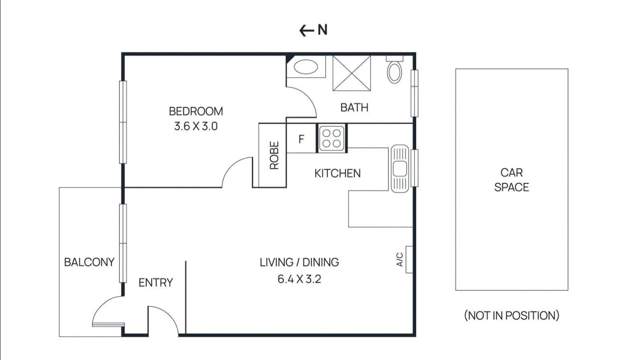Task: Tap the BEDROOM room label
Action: tap(196, 111)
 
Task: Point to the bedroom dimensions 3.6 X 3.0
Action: tap(196, 126)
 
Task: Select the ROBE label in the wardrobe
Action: tap(274, 155)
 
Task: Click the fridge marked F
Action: tap(301, 139)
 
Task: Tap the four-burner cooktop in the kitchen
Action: tap(332, 138)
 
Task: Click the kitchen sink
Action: tap(400, 168)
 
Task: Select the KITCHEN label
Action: tap(337, 174)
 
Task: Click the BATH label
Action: tap(354, 108)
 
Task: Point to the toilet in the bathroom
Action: tap(394, 71)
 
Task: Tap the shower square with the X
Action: tap(352, 74)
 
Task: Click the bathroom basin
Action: tap(306, 67)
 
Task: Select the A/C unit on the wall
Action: tap(409, 260)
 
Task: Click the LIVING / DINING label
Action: tap(299, 262)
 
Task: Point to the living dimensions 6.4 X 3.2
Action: tap(299, 279)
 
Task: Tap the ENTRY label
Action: tap(156, 283)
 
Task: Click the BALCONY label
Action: tap(89, 262)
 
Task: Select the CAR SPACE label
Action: tap(511, 180)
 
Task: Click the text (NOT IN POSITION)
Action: tap(511, 315)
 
